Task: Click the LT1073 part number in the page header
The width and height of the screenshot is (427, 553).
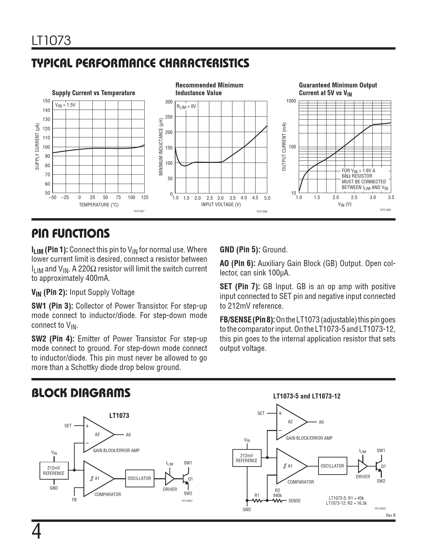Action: (51, 41)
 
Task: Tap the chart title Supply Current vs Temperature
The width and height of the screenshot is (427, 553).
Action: (93, 93)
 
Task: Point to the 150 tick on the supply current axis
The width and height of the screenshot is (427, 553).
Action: (46, 101)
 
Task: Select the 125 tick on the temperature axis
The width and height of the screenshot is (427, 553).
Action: (144, 197)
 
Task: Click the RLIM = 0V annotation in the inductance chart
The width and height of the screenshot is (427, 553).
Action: (186, 107)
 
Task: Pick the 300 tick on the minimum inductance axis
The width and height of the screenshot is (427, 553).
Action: (169, 102)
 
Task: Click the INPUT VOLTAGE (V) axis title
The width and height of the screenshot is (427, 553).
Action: (221, 204)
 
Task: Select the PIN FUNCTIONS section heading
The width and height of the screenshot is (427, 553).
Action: (70, 233)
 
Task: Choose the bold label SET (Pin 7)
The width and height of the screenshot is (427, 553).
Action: (239, 287)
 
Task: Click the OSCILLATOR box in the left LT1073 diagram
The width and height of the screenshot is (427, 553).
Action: (139, 478)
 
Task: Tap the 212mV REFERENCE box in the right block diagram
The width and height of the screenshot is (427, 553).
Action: (246, 458)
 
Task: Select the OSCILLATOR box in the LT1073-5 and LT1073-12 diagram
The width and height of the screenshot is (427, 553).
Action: (332, 466)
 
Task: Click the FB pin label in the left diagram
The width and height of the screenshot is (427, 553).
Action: (74, 500)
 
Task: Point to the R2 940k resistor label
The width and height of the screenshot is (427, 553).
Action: (277, 493)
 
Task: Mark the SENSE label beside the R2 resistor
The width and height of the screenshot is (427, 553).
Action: (294, 501)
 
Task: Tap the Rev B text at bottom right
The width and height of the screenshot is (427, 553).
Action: (390, 515)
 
